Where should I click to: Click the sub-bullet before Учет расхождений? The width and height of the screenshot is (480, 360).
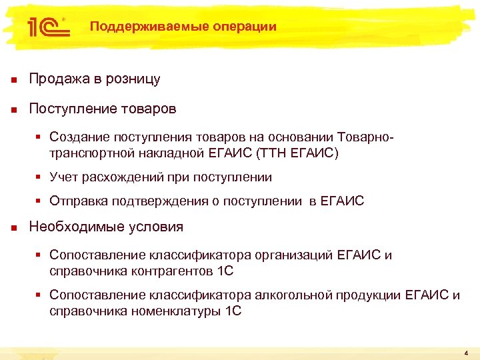[x=39, y=177]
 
